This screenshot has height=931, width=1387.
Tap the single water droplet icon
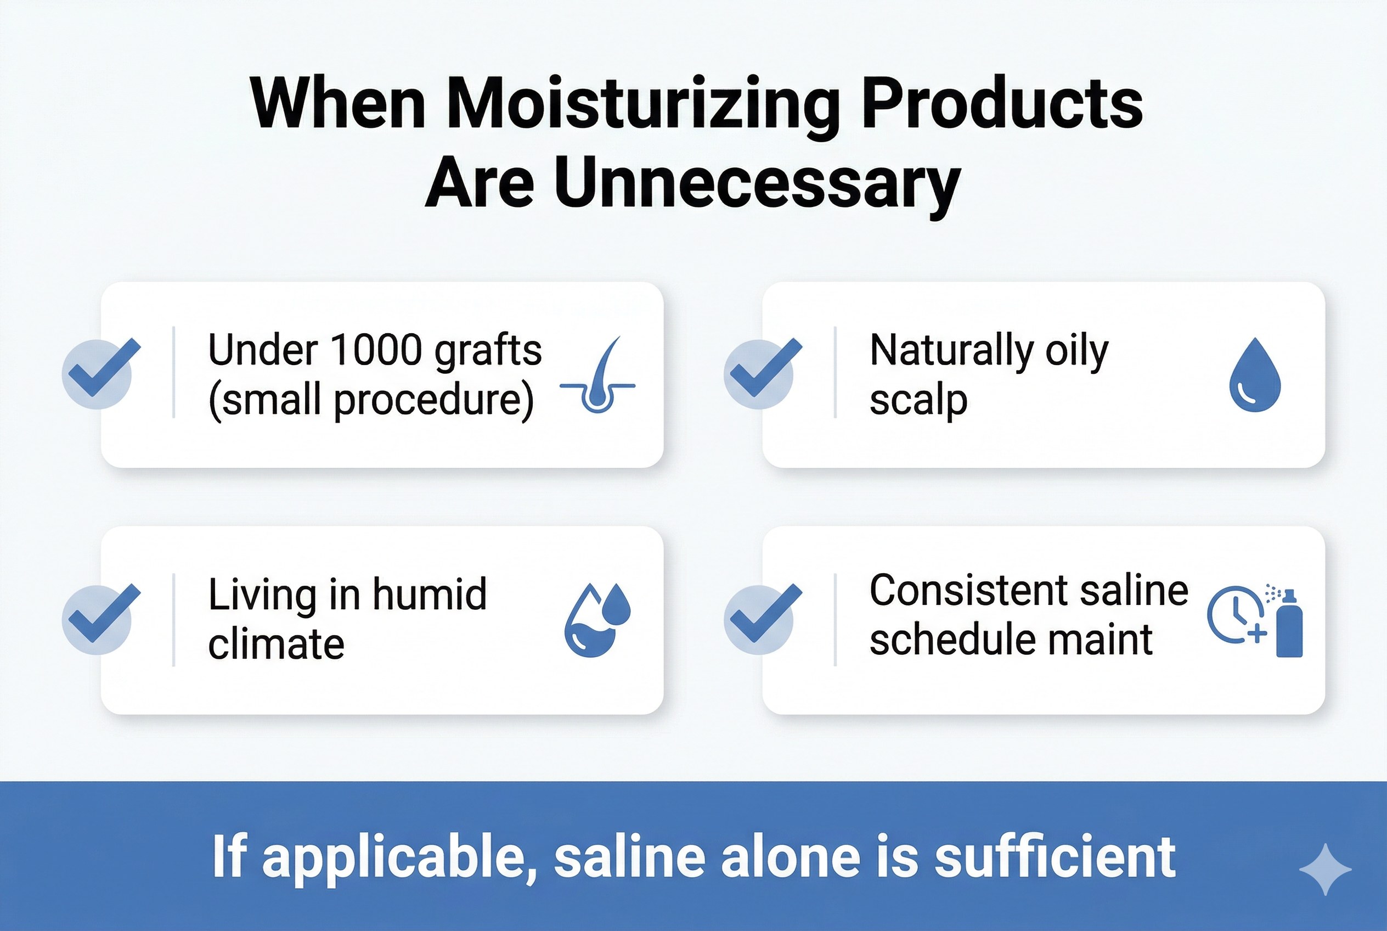point(1255,375)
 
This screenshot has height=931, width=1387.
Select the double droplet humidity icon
point(597,620)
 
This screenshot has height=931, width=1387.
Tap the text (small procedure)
point(371,401)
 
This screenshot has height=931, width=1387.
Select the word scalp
point(918,402)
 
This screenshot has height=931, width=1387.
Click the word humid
point(430,595)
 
